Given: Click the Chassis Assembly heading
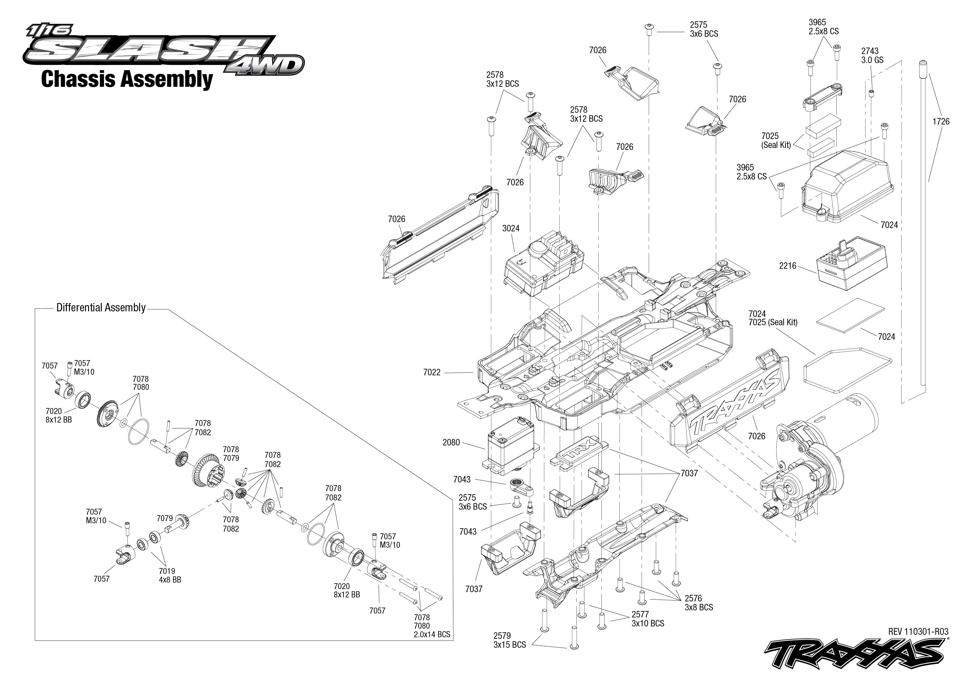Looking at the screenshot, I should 127,80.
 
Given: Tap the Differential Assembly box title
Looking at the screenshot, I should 101,308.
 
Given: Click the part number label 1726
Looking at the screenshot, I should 941,121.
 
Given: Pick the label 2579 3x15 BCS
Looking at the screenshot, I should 509,640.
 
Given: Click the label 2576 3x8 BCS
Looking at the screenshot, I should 698,603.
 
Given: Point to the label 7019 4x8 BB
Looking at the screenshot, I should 170,575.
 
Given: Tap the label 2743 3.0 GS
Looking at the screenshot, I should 872,56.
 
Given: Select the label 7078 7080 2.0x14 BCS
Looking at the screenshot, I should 431,626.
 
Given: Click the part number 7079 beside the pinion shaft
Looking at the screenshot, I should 164,518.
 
